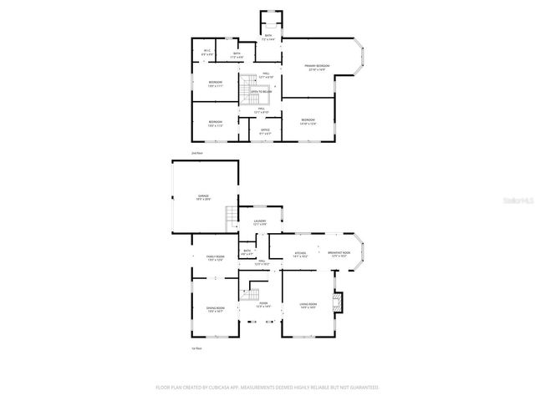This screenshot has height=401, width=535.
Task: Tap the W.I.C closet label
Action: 207,53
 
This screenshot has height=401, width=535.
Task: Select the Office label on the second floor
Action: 265,131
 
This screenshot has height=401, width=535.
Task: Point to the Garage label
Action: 203,198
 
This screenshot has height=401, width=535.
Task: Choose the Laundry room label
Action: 260,222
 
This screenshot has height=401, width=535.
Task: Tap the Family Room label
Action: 216,258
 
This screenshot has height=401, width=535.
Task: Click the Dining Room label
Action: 216,310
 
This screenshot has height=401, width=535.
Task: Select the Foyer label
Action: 263,305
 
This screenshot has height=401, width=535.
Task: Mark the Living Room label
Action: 308,306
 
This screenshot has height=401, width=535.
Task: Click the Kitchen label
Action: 301,254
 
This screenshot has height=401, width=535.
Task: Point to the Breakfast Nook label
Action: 339,254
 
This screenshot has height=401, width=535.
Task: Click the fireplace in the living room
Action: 337,302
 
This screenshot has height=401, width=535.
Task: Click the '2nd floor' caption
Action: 197,154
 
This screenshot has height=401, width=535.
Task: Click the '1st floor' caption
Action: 197,348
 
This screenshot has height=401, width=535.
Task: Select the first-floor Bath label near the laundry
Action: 247,251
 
